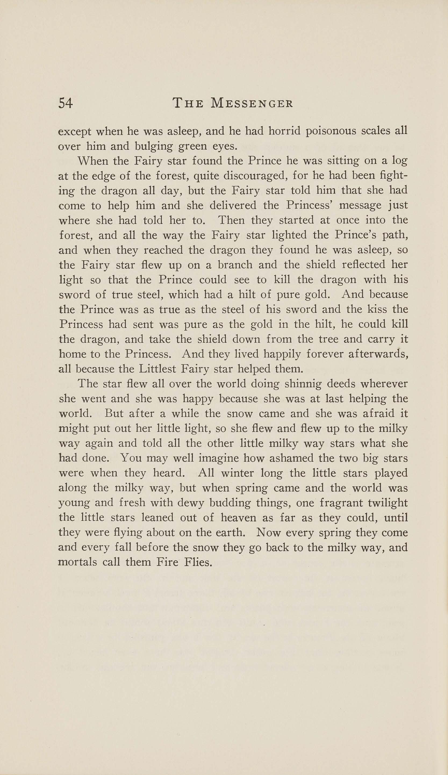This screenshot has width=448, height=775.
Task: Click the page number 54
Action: point(66,103)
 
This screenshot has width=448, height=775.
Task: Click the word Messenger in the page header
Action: point(252,103)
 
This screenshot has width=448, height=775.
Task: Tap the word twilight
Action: point(388,503)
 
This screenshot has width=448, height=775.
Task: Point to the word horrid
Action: point(284,131)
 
